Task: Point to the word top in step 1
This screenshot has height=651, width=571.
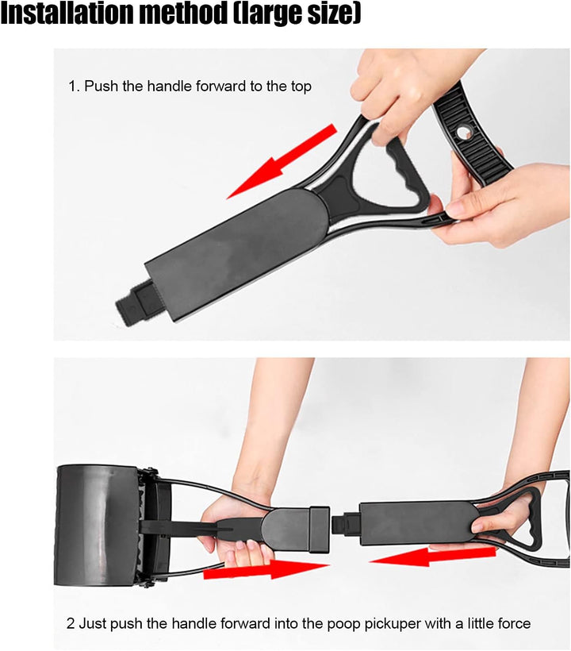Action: click(x=300, y=87)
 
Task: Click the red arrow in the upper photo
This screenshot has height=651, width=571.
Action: click(x=282, y=160)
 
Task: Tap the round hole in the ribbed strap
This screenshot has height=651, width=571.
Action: click(x=463, y=133)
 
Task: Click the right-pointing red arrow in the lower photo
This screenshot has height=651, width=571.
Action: click(x=266, y=568)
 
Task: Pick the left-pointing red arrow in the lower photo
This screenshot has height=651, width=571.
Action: click(x=431, y=557)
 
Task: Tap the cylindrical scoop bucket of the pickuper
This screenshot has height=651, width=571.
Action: click(x=98, y=526)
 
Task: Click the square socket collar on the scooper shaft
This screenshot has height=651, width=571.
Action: click(x=319, y=529)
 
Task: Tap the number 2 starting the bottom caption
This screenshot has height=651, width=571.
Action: click(x=71, y=623)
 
